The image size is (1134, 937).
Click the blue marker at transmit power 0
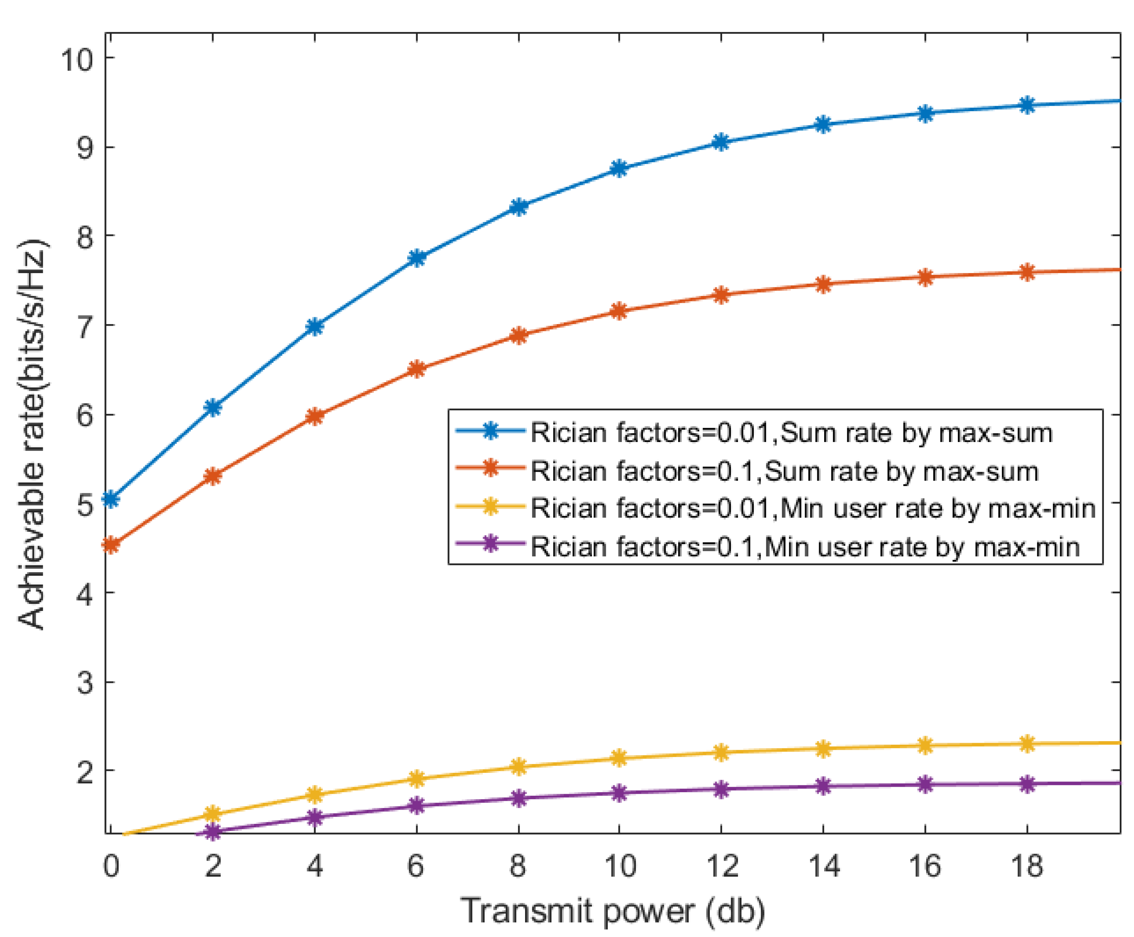coord(111,499)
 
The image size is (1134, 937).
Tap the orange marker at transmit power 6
coord(416,370)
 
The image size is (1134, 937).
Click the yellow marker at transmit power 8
coord(518,766)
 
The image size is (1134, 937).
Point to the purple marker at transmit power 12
coord(721,789)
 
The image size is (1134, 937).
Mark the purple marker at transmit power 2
coord(213,832)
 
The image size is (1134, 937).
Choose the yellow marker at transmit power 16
coord(925,745)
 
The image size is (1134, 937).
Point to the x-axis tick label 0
coord(111,867)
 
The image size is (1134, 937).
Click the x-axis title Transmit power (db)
coord(613,912)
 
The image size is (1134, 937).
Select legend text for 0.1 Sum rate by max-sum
coord(784,471)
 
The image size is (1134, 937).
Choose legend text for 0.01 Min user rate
coord(813,508)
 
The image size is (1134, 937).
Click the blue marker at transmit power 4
coord(315,326)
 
